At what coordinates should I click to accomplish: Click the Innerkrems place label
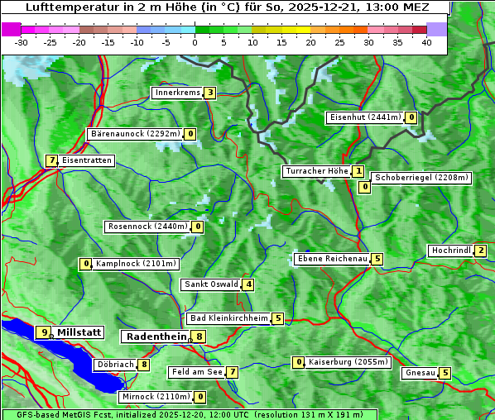point(177,93)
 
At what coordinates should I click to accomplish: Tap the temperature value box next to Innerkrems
point(210,93)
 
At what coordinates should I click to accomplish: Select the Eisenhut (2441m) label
point(365,117)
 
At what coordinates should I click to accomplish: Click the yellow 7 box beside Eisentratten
point(51,160)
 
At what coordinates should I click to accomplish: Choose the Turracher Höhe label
point(316,172)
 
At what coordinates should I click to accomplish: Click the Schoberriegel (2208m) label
point(421,178)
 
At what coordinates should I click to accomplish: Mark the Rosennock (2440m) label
point(147,227)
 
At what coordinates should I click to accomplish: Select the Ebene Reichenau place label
point(333,259)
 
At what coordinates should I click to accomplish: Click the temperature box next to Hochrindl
point(481,251)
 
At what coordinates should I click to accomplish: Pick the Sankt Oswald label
point(211,284)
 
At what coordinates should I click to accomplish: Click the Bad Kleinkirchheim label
point(228,318)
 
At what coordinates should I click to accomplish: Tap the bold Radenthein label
point(156,336)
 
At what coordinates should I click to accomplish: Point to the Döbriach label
point(115,365)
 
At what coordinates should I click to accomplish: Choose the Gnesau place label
point(420,373)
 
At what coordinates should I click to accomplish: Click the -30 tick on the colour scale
point(22,41)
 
